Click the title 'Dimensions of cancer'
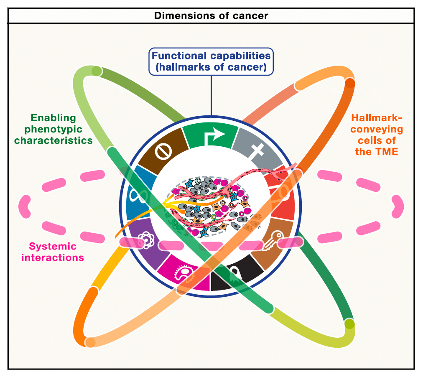click(211, 16)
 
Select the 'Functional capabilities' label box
click(211, 61)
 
